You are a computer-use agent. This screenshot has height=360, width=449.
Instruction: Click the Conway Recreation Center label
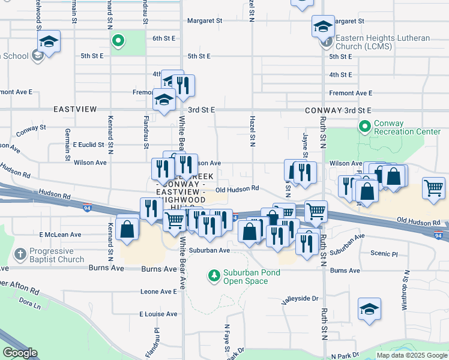click(x=407, y=127)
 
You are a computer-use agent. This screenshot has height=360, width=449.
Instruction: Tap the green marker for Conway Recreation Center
click(x=364, y=127)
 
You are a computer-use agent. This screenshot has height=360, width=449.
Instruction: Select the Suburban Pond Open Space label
click(x=252, y=277)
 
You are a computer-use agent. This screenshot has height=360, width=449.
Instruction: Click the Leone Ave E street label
click(x=158, y=291)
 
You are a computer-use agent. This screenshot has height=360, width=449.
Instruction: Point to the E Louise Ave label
click(x=158, y=314)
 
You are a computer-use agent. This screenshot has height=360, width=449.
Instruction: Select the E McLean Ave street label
click(x=60, y=235)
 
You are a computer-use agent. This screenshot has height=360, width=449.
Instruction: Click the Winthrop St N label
click(x=406, y=288)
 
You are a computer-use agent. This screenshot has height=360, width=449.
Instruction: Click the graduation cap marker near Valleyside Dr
click(x=370, y=308)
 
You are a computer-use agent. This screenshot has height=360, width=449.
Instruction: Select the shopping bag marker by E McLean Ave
click(x=127, y=229)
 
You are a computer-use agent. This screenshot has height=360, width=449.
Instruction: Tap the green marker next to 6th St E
click(x=118, y=41)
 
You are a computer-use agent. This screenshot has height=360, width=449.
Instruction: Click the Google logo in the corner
click(x=20, y=353)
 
